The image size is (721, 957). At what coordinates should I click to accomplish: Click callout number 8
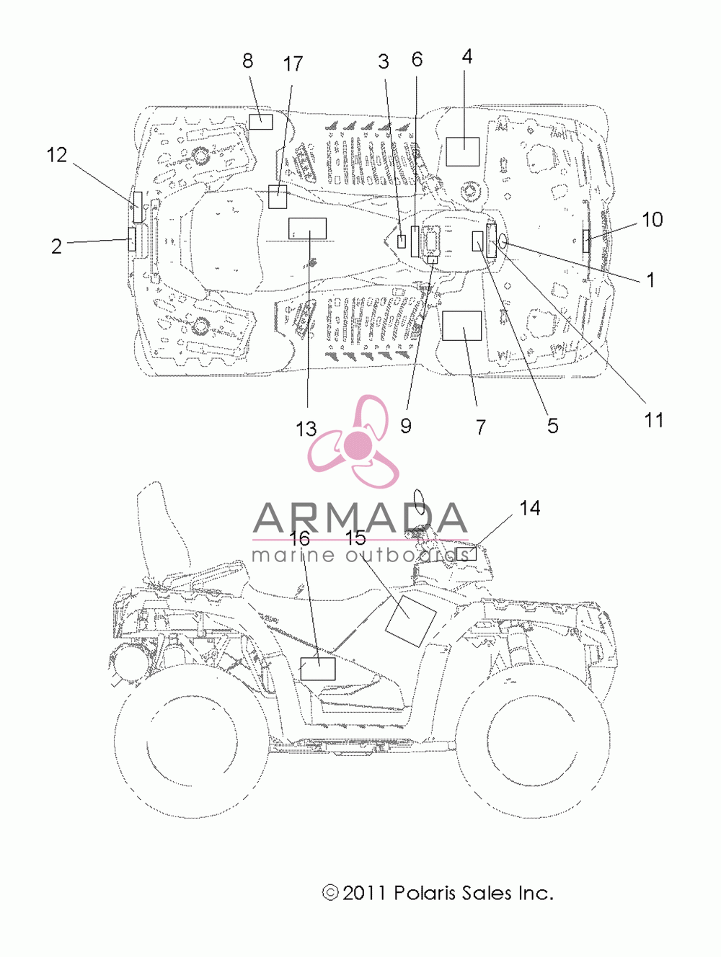click(x=248, y=61)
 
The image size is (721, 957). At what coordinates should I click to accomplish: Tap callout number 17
click(x=293, y=63)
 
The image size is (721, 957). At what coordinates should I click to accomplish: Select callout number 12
click(x=57, y=155)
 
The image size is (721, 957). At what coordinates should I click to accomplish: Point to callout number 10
click(x=652, y=219)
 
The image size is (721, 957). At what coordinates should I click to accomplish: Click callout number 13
click(x=306, y=429)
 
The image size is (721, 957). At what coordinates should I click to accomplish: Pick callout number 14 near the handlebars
click(x=530, y=508)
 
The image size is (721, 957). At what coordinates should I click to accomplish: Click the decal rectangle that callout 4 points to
click(x=462, y=152)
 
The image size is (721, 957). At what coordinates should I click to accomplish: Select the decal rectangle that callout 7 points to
click(x=462, y=326)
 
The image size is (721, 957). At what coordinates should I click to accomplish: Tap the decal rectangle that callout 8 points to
click(x=261, y=122)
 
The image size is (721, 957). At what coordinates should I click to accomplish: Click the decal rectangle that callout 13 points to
click(x=307, y=228)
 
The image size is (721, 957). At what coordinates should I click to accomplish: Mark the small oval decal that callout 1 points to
click(x=503, y=239)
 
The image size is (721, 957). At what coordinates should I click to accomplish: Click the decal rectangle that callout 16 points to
click(x=318, y=669)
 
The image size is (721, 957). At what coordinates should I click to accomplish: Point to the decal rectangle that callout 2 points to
click(x=132, y=239)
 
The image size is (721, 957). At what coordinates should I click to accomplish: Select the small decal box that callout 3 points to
click(x=402, y=241)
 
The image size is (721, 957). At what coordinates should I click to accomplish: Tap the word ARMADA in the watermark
click(x=360, y=518)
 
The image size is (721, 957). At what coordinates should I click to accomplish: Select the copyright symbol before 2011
click(x=331, y=893)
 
